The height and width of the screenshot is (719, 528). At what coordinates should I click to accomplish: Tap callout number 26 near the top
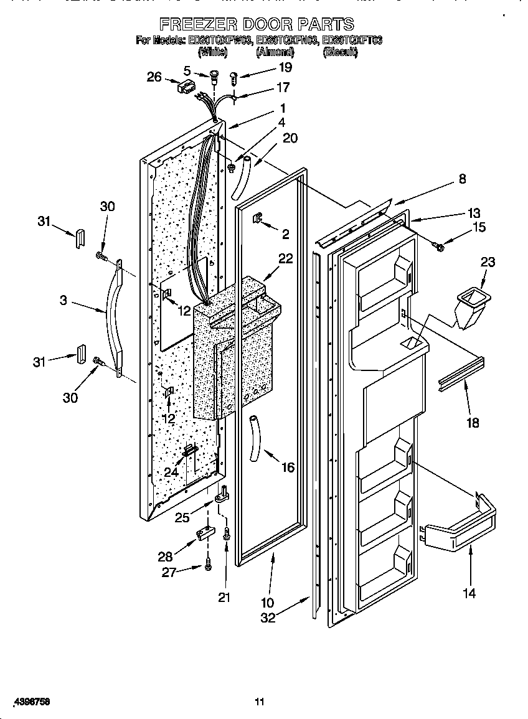[x=154, y=77]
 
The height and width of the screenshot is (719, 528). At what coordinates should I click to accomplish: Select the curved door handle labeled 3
[x=113, y=317]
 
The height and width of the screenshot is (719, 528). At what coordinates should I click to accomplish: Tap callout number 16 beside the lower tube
[x=288, y=468]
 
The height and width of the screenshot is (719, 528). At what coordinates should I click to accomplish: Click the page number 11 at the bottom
[x=260, y=702]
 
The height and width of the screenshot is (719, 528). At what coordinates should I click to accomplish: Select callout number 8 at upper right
[x=462, y=179]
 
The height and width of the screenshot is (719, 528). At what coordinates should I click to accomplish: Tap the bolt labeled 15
[x=439, y=247]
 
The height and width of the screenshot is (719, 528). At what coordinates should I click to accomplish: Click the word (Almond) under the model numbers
[x=275, y=53]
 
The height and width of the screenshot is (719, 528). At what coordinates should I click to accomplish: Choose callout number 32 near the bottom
[x=267, y=618]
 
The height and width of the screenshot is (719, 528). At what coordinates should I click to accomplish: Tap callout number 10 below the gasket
[x=267, y=602]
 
